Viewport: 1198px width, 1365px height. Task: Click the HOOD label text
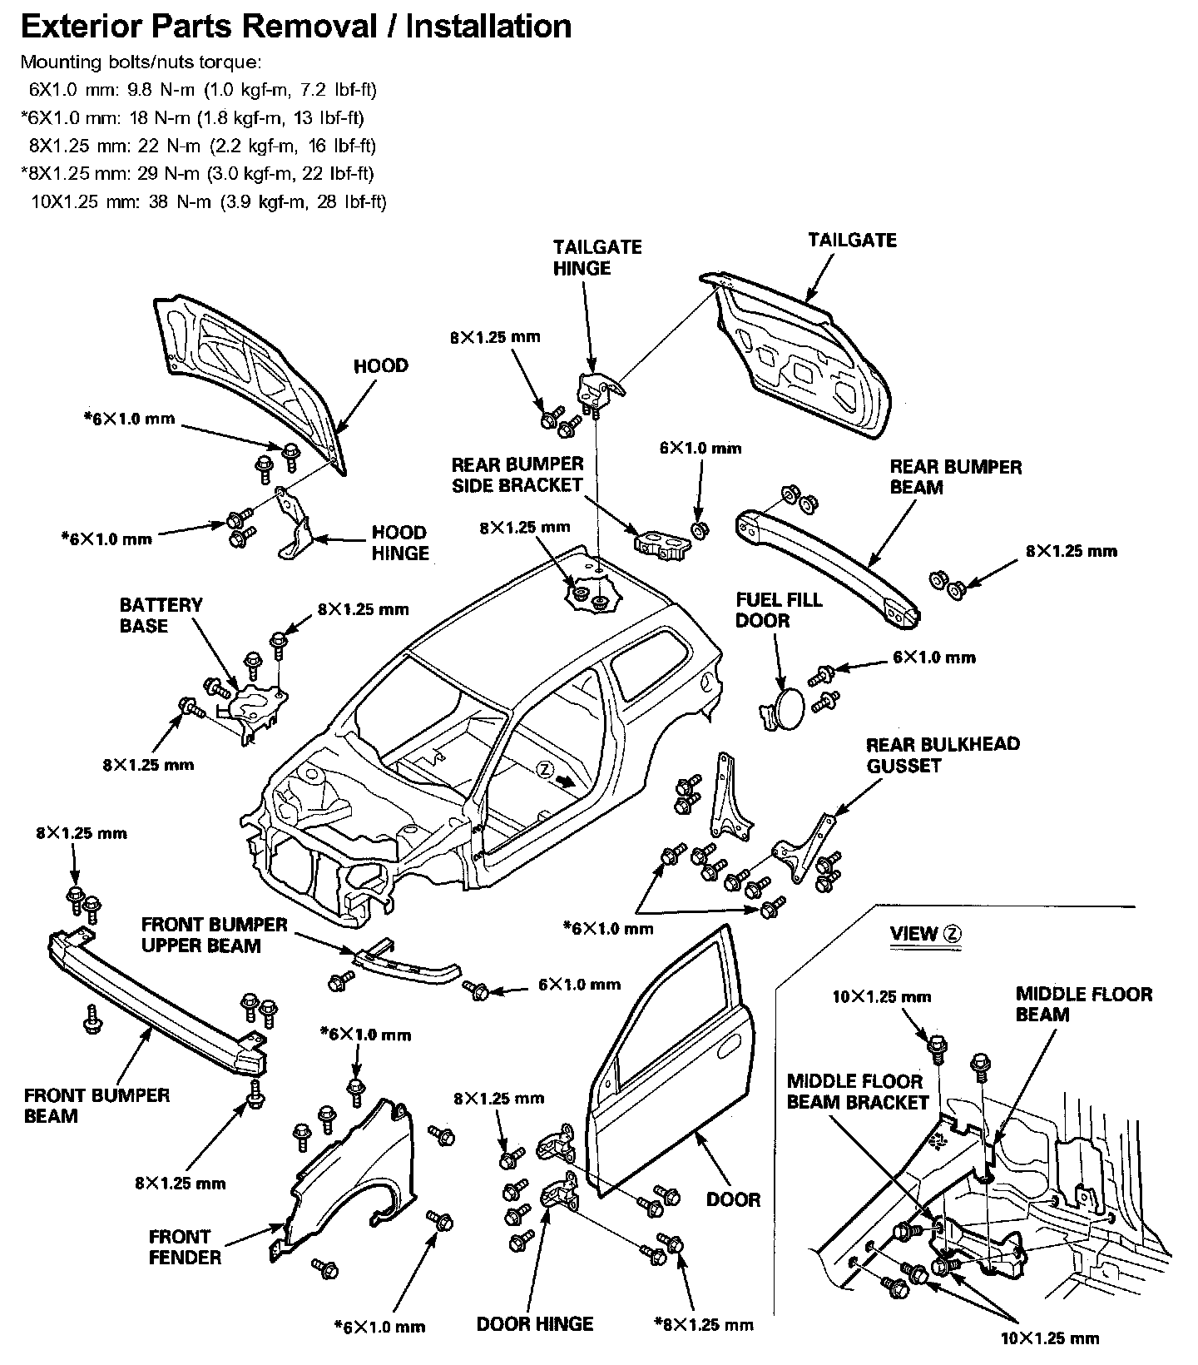pyautogui.click(x=380, y=366)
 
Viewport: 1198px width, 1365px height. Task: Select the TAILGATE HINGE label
pyautogui.click(x=597, y=257)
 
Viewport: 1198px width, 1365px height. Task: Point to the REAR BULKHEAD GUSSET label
pyautogui.click(x=943, y=755)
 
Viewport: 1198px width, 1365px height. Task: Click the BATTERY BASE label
pyautogui.click(x=161, y=615)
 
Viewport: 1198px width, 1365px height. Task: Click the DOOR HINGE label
pyautogui.click(x=535, y=1323)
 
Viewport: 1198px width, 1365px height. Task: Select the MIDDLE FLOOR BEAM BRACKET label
pyautogui.click(x=857, y=1092)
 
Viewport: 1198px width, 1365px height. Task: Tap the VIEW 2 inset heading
pyautogui.click(x=925, y=934)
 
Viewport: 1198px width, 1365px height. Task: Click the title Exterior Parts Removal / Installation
pyautogui.click(x=295, y=27)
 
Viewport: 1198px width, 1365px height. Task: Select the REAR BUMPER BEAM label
pyautogui.click(x=955, y=477)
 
